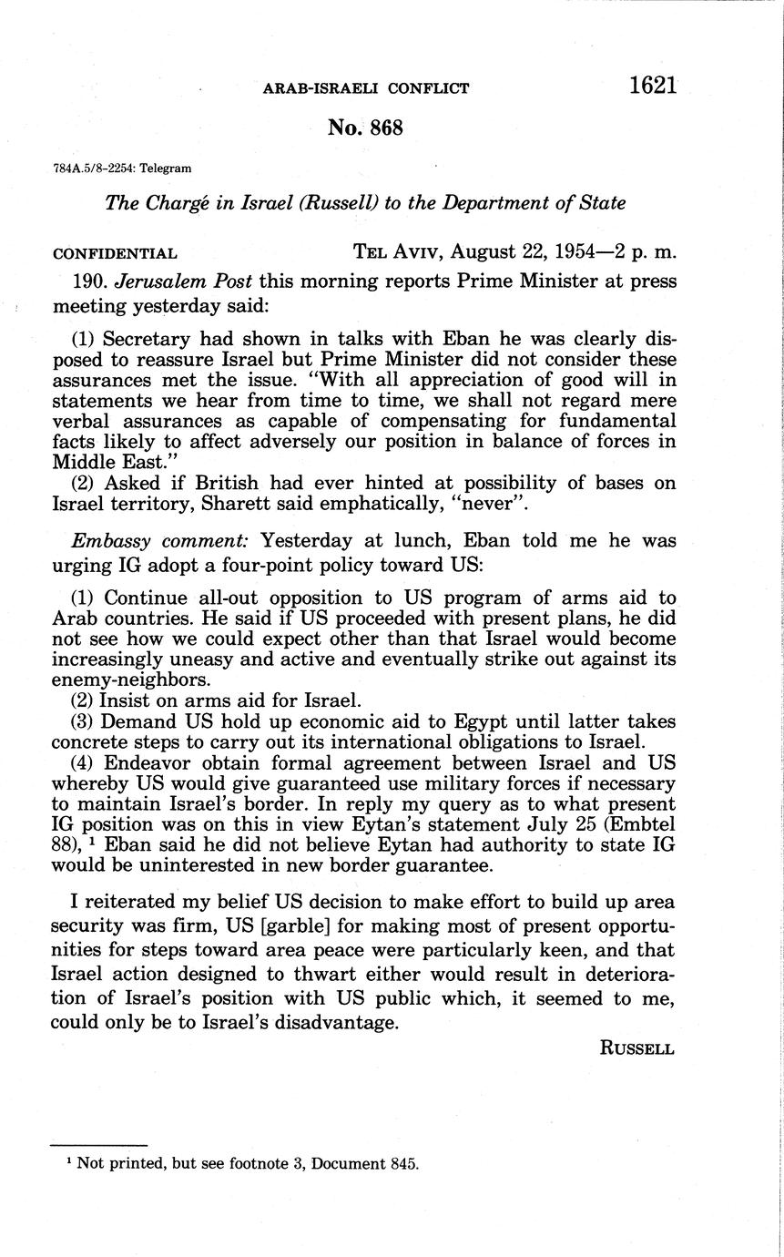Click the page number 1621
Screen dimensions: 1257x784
[652, 86]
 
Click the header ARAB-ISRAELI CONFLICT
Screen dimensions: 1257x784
[366, 88]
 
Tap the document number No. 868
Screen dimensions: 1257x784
[365, 128]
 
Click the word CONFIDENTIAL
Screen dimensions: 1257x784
[115, 253]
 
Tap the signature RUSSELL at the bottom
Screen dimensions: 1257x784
[637, 1047]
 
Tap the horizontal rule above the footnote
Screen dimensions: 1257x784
[98, 1144]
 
